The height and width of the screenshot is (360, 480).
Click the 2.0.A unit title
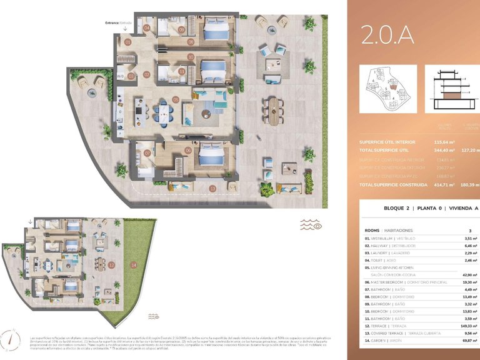(387, 35)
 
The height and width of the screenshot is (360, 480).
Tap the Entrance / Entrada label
(119, 22)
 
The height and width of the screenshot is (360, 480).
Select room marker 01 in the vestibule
(127, 42)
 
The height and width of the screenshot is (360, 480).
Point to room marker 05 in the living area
(176, 99)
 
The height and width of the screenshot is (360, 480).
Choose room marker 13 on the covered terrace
(212, 188)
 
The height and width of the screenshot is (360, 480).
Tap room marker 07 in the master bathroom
(148, 152)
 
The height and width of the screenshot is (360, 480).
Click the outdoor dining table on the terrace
(272, 109)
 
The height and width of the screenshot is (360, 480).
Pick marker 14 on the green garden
(133, 265)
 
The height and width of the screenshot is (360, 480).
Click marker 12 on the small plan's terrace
(111, 265)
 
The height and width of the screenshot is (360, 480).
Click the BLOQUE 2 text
(397, 209)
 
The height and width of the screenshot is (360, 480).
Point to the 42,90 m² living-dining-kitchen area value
(469, 274)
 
